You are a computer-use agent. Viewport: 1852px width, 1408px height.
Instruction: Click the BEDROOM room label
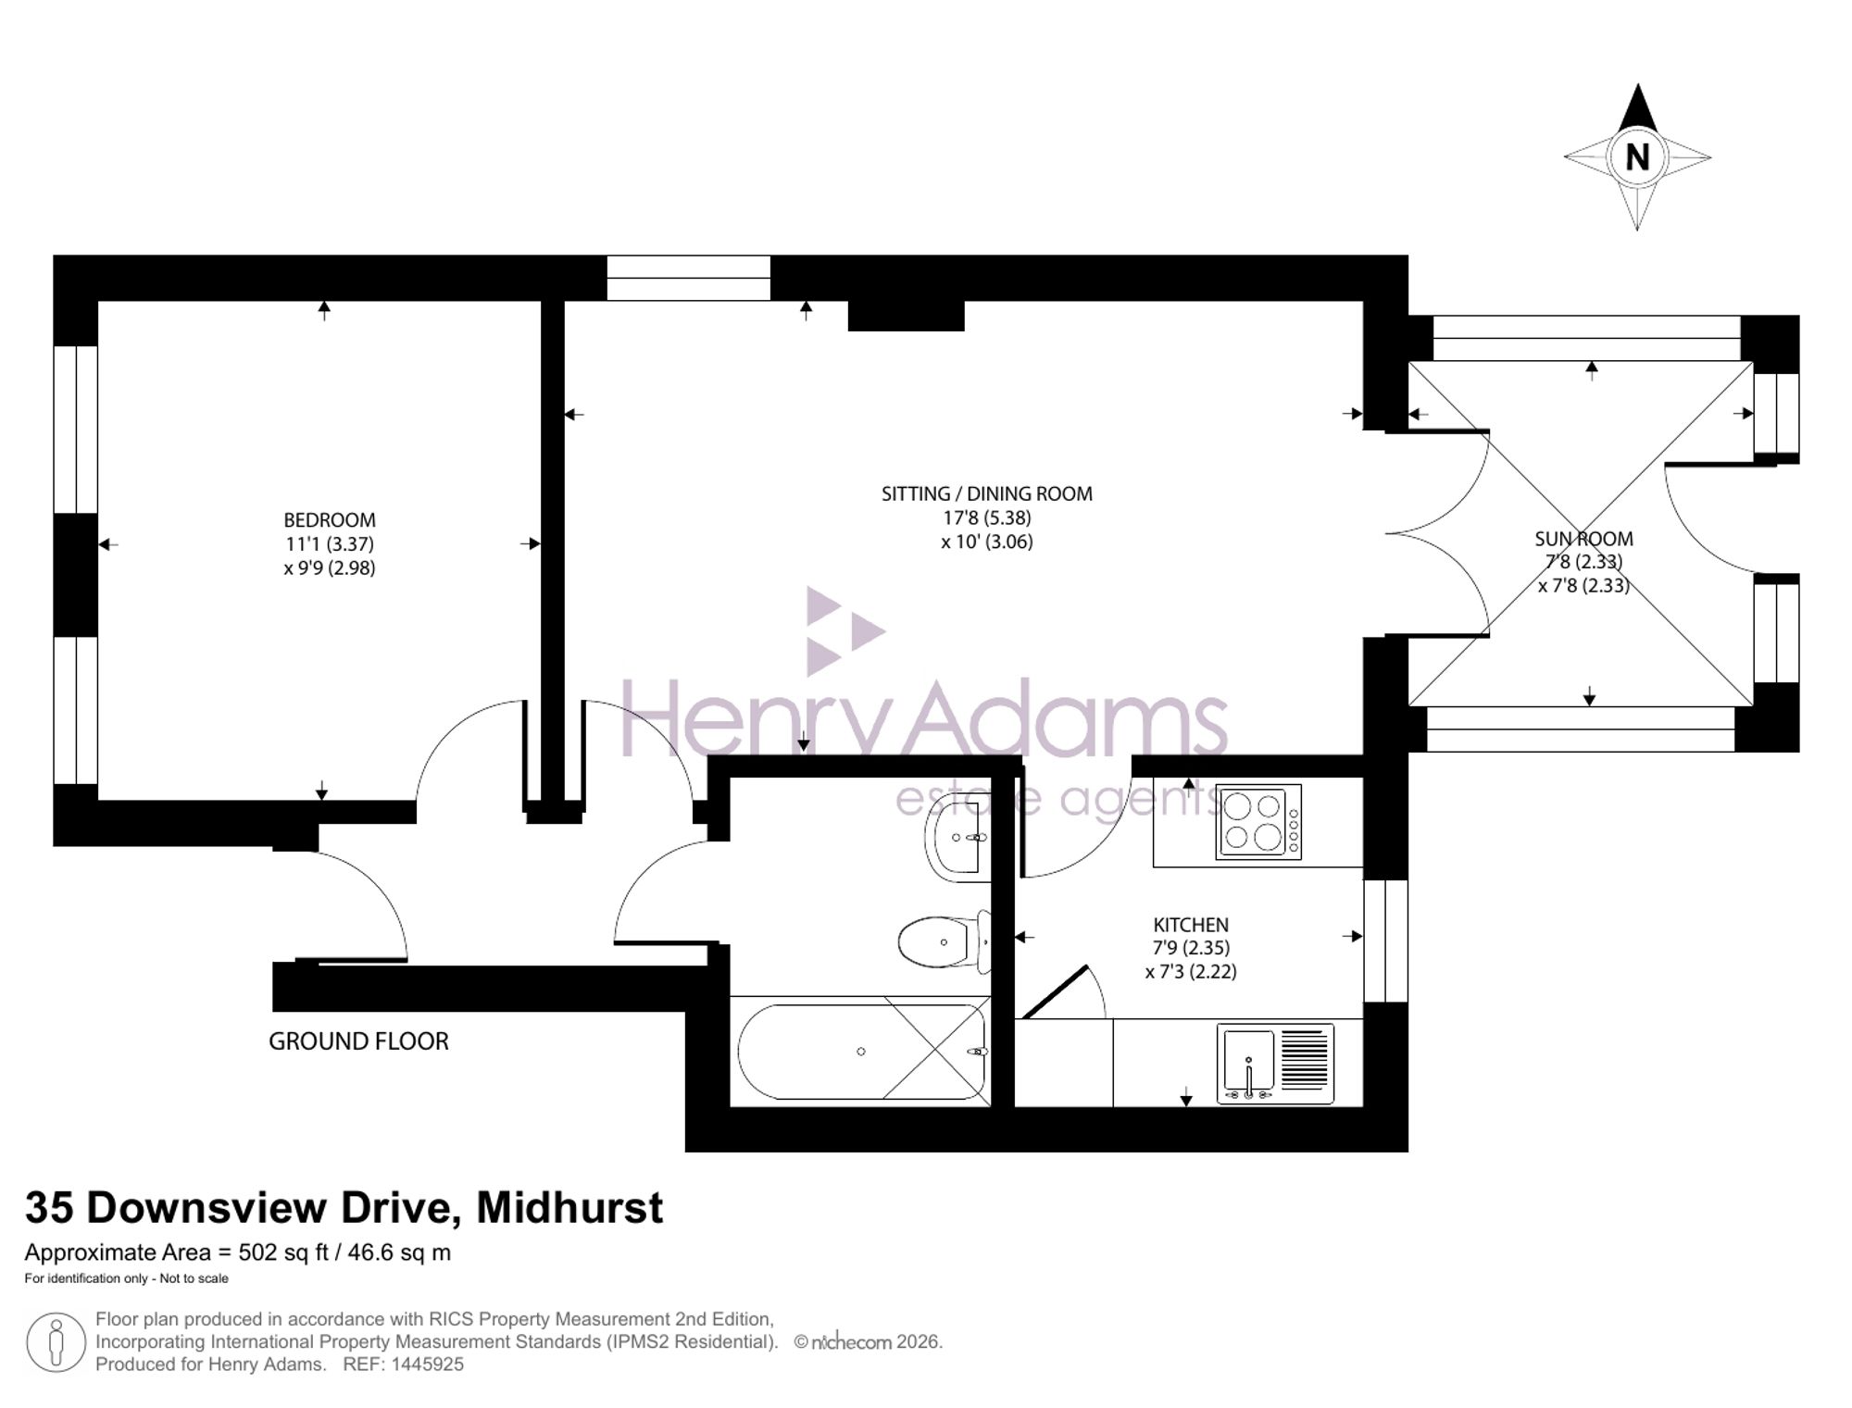pyautogui.click(x=330, y=520)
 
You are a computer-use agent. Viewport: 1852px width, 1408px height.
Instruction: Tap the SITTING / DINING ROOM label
pyautogui.click(x=987, y=494)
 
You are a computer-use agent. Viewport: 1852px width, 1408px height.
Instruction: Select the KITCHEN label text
pyautogui.click(x=1191, y=925)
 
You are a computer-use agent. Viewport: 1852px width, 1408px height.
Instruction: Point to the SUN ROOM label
pyautogui.click(x=1583, y=539)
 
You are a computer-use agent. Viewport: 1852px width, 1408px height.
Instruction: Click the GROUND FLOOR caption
pyautogui.click(x=358, y=1041)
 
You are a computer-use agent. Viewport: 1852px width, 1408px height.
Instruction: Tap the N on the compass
pyautogui.click(x=1637, y=157)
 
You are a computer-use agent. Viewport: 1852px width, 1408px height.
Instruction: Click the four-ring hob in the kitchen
pyautogui.click(x=1258, y=822)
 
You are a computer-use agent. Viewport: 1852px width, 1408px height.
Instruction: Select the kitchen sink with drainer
pyautogui.click(x=1275, y=1064)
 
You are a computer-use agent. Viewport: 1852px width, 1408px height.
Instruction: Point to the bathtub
pyautogui.click(x=860, y=1052)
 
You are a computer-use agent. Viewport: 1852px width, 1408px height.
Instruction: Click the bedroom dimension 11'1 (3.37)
pyautogui.click(x=330, y=544)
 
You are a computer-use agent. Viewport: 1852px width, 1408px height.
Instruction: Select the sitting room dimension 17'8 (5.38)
pyautogui.click(x=987, y=518)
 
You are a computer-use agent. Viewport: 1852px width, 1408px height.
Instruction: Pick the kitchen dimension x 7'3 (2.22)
pyautogui.click(x=1191, y=972)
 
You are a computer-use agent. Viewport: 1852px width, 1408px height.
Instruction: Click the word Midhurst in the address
pyautogui.click(x=569, y=1208)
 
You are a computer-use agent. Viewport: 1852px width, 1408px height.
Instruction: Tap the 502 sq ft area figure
pyautogui.click(x=283, y=1253)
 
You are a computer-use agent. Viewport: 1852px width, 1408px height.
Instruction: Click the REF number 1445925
pyautogui.click(x=427, y=1364)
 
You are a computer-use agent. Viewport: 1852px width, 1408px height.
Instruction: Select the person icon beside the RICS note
pyautogui.click(x=56, y=1342)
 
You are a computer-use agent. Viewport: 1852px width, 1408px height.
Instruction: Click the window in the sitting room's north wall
pyautogui.click(x=689, y=278)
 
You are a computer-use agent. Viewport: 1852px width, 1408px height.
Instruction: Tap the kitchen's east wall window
pyautogui.click(x=1386, y=941)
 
